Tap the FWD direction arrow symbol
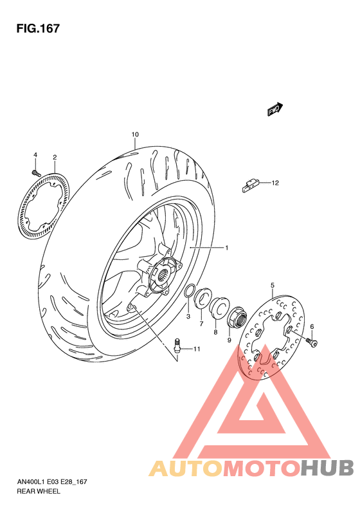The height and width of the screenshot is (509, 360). [x=276, y=109]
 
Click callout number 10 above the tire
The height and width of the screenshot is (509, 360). [x=135, y=134]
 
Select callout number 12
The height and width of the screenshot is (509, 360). [x=274, y=183]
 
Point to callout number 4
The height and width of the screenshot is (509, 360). [x=35, y=155]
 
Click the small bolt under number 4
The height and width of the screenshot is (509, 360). [x=36, y=172]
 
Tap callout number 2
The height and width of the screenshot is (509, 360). [x=55, y=158]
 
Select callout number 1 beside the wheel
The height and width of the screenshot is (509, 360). [x=226, y=247]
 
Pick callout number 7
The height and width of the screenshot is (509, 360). [x=201, y=324]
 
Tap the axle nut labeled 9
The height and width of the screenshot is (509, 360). [x=235, y=315]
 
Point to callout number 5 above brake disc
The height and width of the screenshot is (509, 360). [x=273, y=285]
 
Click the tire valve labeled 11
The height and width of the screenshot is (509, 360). [x=177, y=344]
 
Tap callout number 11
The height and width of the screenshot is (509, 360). [x=197, y=349]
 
